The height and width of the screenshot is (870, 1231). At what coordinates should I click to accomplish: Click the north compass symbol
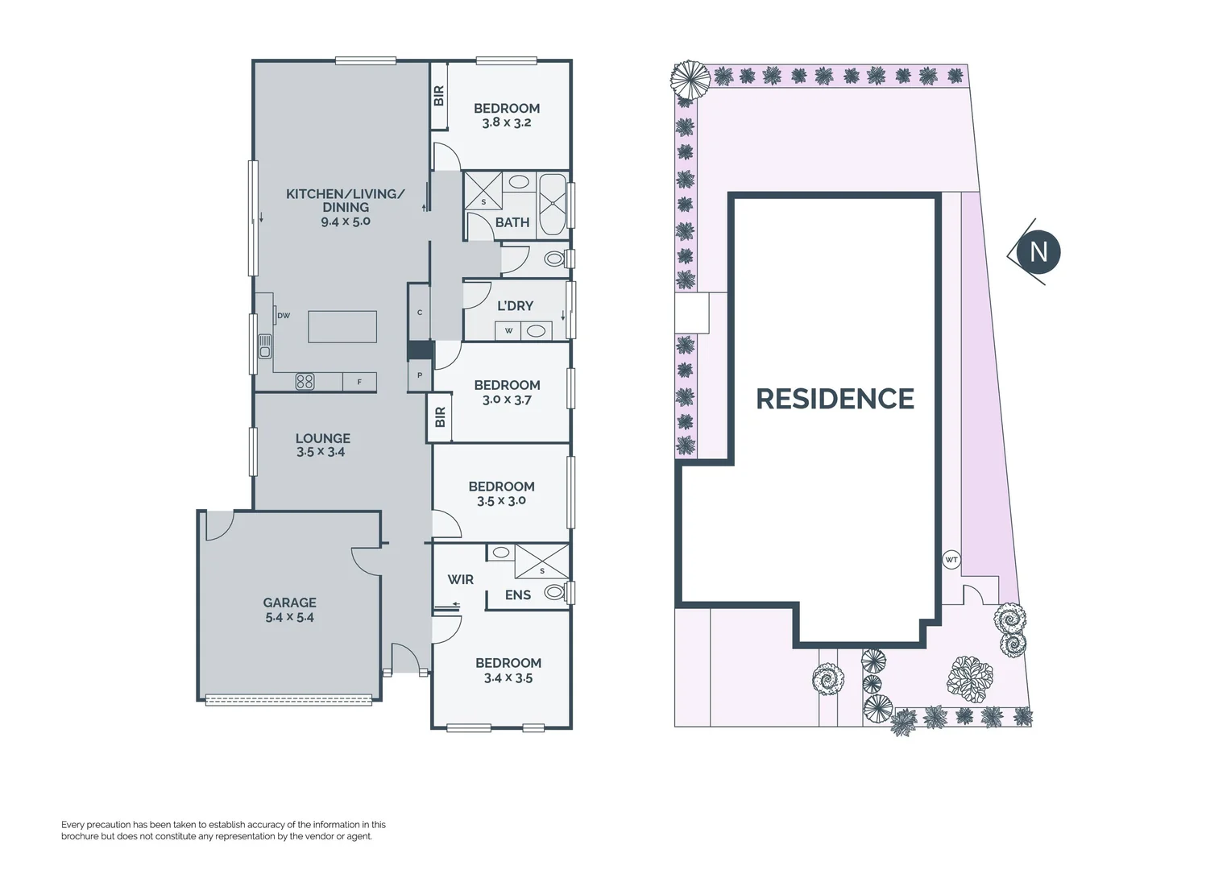pos(1037,252)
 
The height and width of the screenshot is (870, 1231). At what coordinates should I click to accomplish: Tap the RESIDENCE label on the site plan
pos(835,399)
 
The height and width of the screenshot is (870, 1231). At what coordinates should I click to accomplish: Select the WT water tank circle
pos(951,559)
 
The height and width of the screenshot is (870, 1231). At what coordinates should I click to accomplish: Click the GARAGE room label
pos(289,603)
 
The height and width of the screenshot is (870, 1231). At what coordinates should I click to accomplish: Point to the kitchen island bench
pos(342,326)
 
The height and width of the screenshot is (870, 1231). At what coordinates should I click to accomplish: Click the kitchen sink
pos(264,346)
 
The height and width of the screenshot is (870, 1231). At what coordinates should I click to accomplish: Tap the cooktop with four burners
pos(305,382)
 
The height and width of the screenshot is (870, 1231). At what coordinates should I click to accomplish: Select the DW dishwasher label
pos(284,316)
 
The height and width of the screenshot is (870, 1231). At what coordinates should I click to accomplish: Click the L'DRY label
pos(515,305)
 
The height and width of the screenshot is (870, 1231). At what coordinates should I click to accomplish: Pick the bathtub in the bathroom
pos(553,204)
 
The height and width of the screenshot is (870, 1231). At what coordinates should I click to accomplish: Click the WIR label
pos(461,579)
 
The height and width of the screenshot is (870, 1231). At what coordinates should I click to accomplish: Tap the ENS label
pos(517,595)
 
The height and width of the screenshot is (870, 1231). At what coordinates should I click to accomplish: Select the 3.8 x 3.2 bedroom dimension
pos(507,123)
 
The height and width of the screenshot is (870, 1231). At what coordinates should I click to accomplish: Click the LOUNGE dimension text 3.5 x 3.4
pos(321,452)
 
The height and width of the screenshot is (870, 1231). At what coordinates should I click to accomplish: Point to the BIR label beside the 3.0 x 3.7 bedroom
pos(440,417)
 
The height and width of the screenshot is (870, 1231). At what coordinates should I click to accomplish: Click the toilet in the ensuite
pos(555,593)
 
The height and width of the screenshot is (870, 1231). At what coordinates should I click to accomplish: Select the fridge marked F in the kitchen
pos(359,382)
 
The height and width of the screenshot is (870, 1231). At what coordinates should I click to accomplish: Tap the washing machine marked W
pos(508,330)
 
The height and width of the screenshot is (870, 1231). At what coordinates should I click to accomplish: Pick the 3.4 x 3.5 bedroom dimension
pos(508,678)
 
